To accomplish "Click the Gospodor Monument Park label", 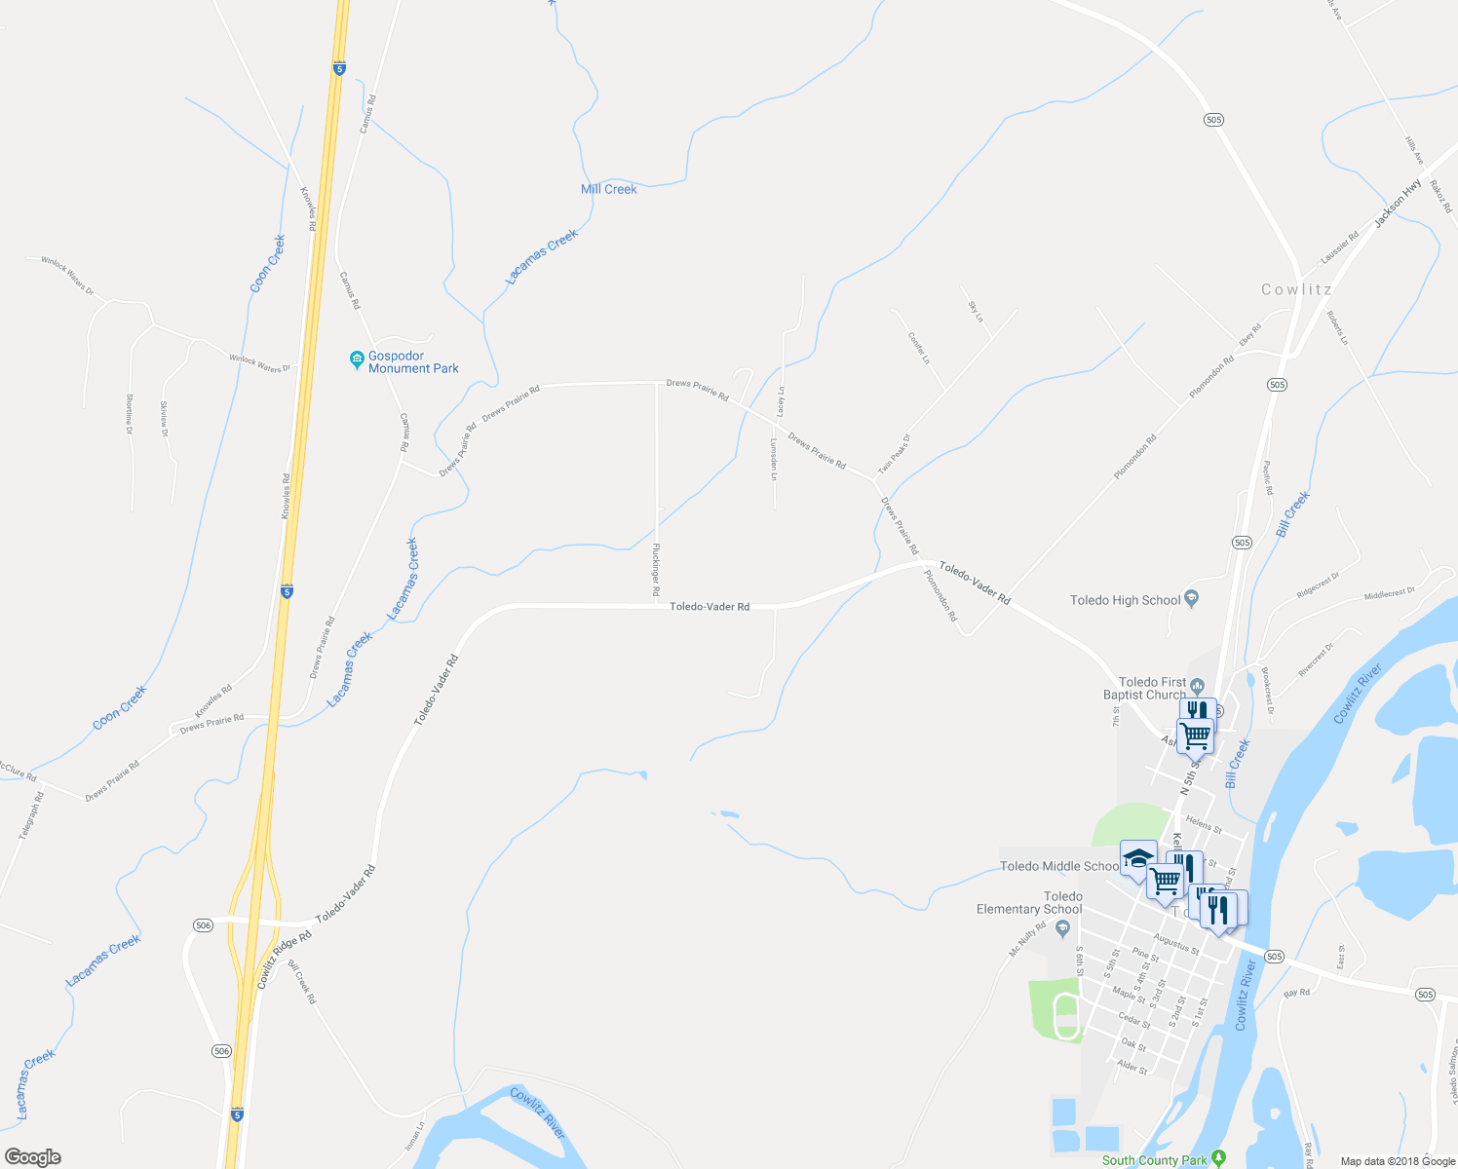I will [x=413, y=362].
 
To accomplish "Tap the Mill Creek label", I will [x=608, y=189].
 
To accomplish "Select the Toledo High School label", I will [x=1125, y=600].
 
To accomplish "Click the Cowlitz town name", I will [x=1296, y=289].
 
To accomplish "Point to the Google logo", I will [x=32, y=1157].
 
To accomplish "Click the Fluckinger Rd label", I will [x=656, y=570].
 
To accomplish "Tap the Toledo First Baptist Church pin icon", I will [x=1198, y=684].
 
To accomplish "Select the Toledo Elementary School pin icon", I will [x=1063, y=925].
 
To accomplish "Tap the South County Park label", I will [x=1154, y=1160].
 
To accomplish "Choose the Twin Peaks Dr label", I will [x=894, y=454].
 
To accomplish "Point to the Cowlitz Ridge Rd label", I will [x=285, y=961].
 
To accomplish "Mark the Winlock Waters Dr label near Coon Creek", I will [x=259, y=363].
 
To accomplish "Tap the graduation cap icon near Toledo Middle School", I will [x=1137, y=858].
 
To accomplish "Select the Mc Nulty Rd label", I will [x=1027, y=938].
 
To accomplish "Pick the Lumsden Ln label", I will [x=774, y=459].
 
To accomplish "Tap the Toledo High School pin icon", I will [x=1191, y=599].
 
